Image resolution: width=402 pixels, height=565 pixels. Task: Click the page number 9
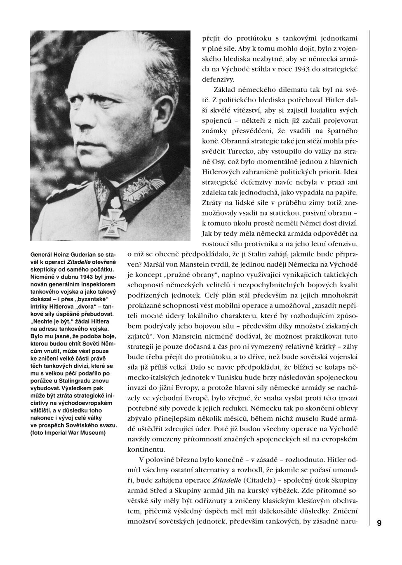[x=379, y=523]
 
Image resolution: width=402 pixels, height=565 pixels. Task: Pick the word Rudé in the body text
[x=328, y=429]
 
